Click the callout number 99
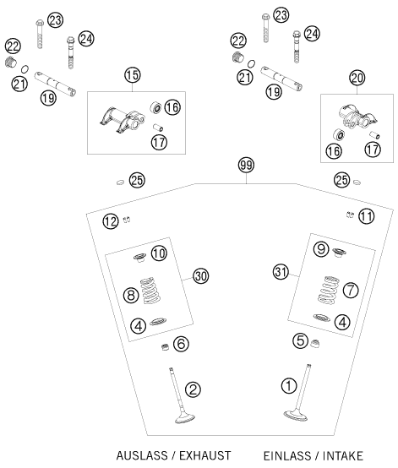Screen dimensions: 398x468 (246, 165)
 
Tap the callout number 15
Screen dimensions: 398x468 (133, 75)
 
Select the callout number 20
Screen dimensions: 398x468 (357, 79)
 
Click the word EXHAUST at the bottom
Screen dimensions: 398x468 (205, 456)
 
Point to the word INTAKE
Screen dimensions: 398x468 (343, 456)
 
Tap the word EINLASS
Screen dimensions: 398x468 (287, 456)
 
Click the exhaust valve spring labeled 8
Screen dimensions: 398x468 (150, 290)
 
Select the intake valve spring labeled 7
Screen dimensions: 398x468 (329, 290)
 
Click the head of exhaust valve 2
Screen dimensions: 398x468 (185, 418)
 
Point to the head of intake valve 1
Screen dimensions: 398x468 (295, 416)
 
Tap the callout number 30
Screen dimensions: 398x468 (200, 276)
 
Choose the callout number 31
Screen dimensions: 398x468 (281, 272)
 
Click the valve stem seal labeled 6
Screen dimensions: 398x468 (165, 347)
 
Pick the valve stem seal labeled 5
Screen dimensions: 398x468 (314, 344)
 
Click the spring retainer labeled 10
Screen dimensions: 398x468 (139, 258)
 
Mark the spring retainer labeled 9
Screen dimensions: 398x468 (339, 253)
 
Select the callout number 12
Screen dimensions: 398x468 (111, 221)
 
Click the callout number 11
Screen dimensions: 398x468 (367, 216)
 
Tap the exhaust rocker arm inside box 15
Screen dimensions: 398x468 (122, 119)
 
